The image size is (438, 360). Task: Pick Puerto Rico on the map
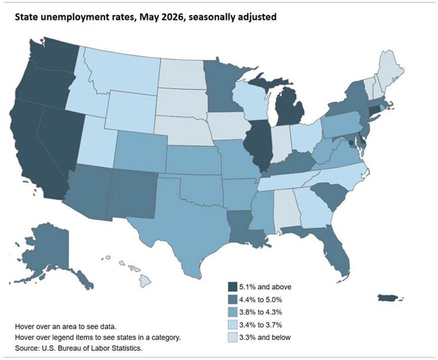(388, 298)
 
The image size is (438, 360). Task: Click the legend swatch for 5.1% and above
(232, 287)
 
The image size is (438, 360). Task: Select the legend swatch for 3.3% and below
(232, 337)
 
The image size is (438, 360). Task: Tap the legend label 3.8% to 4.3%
(261, 312)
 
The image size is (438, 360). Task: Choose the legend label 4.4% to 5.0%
(261, 300)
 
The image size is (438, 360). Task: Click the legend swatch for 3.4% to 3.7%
(232, 325)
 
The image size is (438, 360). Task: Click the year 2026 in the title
(173, 17)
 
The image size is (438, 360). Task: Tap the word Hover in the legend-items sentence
(23, 337)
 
